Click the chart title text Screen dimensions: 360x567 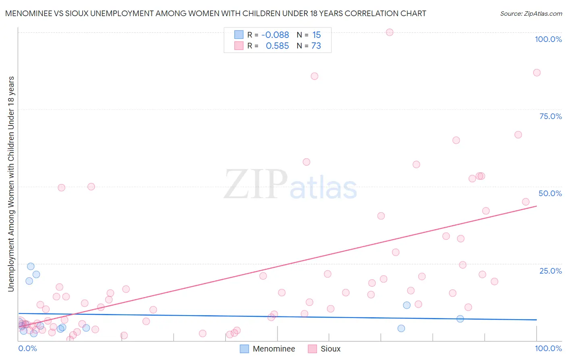click(x=215, y=14)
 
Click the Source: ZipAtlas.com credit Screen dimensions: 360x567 click(x=531, y=14)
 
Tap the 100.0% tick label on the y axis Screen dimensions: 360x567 click(x=548, y=39)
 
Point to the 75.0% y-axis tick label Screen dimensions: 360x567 click(x=550, y=116)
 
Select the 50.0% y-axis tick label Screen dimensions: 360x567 click(x=550, y=193)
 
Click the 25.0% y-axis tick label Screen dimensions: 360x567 click(x=550, y=271)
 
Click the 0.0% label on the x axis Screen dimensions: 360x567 click(x=27, y=348)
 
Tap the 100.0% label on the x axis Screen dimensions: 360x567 click(x=548, y=348)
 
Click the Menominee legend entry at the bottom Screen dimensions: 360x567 click(x=268, y=349)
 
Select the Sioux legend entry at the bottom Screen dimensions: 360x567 click(x=324, y=349)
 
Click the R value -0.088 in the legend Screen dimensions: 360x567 click(x=275, y=35)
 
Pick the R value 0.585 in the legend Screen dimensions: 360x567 click(x=277, y=46)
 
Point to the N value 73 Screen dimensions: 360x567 click(x=316, y=46)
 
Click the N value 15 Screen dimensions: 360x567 click(x=317, y=35)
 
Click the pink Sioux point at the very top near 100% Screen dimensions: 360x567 click(x=390, y=32)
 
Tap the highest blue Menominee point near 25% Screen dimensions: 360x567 click(x=31, y=266)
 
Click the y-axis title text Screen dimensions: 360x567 click(x=11, y=184)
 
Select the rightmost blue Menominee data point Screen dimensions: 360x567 click(x=460, y=319)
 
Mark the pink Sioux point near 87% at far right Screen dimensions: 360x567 click(x=537, y=73)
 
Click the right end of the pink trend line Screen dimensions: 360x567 click(x=537, y=206)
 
